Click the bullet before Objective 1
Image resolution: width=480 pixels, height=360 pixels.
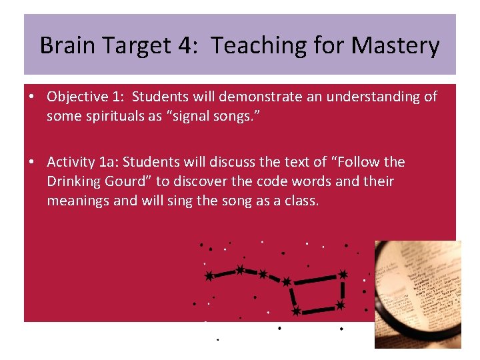click(32, 97)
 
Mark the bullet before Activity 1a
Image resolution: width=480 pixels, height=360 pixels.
click(32, 162)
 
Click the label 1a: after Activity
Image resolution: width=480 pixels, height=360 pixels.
click(108, 162)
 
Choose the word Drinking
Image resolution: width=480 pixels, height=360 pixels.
click(73, 181)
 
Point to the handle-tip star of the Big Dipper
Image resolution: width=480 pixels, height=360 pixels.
click(209, 276)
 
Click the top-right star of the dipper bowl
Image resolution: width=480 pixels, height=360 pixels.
click(343, 274)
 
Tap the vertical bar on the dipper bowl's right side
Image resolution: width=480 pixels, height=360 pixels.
click(343, 290)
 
